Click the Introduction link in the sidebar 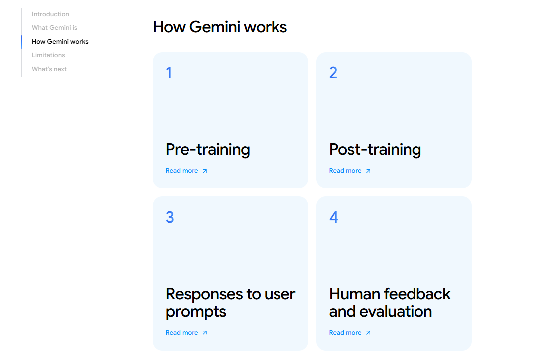coord(50,14)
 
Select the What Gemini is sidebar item coord(54,28)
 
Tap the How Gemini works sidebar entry coord(60,42)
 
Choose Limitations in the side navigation coord(48,55)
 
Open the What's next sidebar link coord(49,69)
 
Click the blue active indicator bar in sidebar coord(22,42)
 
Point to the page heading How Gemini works coord(220,27)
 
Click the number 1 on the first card coord(169,73)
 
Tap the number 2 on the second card coord(333,73)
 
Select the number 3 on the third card coord(170,217)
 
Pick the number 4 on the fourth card coord(334,217)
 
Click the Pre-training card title coord(207,149)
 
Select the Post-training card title coord(375,149)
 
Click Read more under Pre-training coord(182,171)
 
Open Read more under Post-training coord(345,171)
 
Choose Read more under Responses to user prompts coord(182,333)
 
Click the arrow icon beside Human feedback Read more coord(368,333)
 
